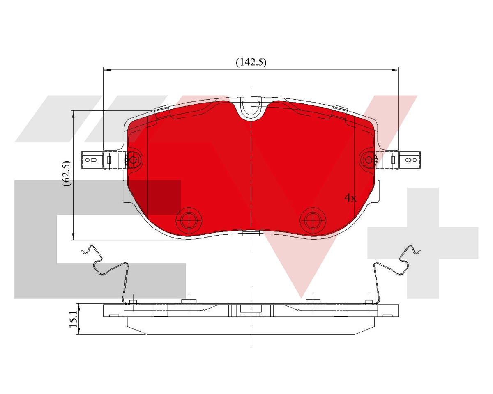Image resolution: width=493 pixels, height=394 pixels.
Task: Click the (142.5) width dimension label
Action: click(x=251, y=62)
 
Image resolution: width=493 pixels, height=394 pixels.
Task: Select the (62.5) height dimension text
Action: click(x=67, y=174)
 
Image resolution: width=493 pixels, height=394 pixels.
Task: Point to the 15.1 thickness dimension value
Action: click(x=73, y=319)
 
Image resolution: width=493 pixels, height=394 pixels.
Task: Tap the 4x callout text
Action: click(x=350, y=198)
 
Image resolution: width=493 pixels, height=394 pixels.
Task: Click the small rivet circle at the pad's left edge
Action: click(x=133, y=160)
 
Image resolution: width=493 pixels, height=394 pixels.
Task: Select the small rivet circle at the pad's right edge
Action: click(x=369, y=159)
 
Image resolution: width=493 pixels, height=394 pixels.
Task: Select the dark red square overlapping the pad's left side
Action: click(x=164, y=197)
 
